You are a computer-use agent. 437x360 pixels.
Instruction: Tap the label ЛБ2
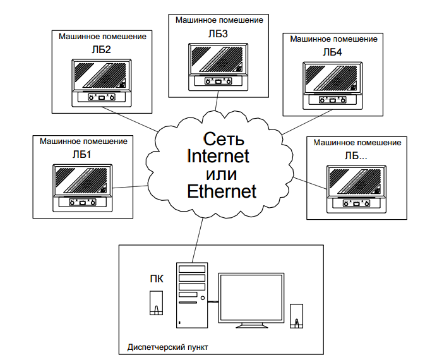[102, 49]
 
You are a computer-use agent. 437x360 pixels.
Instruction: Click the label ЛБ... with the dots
[356, 155]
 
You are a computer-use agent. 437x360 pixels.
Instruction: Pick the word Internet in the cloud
[218, 155]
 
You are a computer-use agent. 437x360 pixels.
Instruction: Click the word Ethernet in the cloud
[222, 191]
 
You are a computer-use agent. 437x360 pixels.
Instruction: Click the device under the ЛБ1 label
[83, 187]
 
